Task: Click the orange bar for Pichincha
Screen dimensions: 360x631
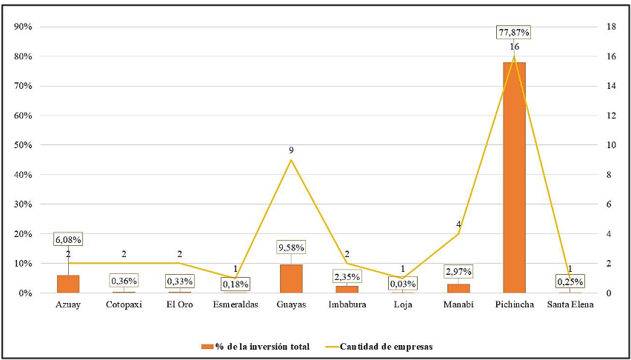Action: pyautogui.click(x=514, y=178)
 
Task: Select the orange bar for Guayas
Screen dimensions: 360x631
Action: pyautogui.click(x=291, y=279)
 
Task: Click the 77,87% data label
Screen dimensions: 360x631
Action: pyautogui.click(x=514, y=33)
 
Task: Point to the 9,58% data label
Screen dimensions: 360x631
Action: pyautogui.click(x=291, y=247)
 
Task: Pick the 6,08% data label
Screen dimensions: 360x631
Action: pyautogui.click(x=68, y=239)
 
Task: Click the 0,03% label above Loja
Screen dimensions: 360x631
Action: pyautogui.click(x=403, y=283)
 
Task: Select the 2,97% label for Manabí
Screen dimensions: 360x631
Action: pyautogui.click(x=458, y=272)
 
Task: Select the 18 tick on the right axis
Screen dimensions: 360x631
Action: pyautogui.click(x=611, y=27)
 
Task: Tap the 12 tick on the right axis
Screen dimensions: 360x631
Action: pyautogui.click(x=611, y=116)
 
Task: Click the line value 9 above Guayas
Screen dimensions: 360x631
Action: pyautogui.click(x=291, y=150)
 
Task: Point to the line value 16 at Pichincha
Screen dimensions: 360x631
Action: pyautogui.click(x=514, y=47)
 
